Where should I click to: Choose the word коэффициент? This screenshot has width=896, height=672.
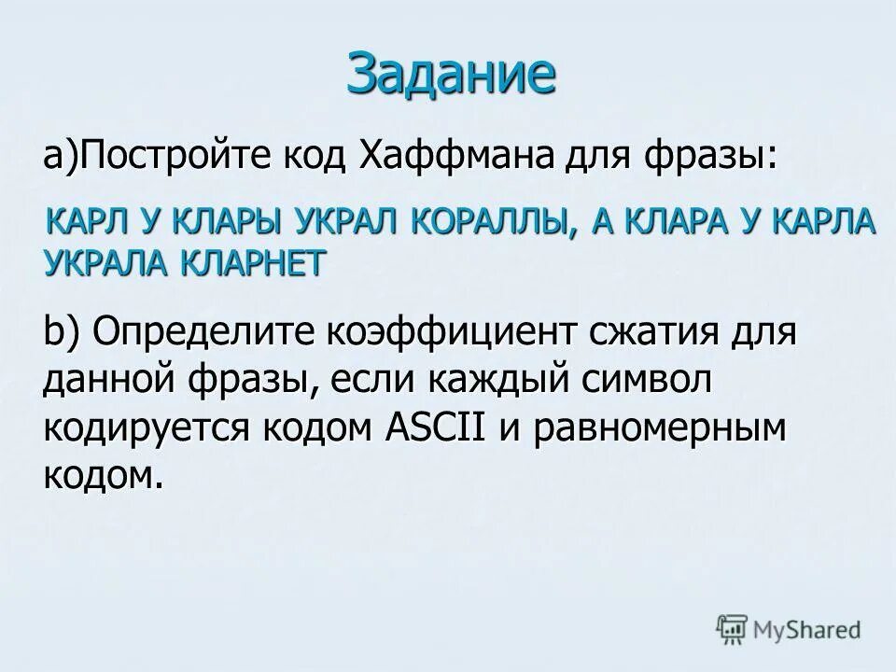coord(451,332)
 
